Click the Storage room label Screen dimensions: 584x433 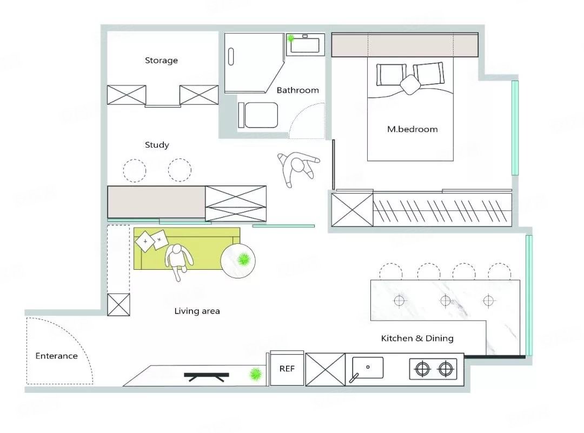click(161, 61)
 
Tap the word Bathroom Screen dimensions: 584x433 click(297, 90)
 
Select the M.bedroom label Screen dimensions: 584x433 click(412, 129)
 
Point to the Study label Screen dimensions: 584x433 click(157, 145)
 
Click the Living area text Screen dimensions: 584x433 click(197, 311)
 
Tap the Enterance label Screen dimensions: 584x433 click(57, 356)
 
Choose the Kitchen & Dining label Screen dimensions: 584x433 click(417, 338)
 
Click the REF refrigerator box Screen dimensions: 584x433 click(287, 368)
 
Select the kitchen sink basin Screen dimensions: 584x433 click(368, 368)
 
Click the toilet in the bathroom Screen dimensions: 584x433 click(258, 115)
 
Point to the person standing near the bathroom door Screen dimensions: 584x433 click(298, 168)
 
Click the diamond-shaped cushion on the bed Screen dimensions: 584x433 click(410, 85)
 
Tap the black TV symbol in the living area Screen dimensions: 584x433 click(207, 377)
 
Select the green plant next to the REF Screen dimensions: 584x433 click(255, 374)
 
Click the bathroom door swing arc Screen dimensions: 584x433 click(307, 120)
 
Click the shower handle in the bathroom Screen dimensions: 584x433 click(231, 57)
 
